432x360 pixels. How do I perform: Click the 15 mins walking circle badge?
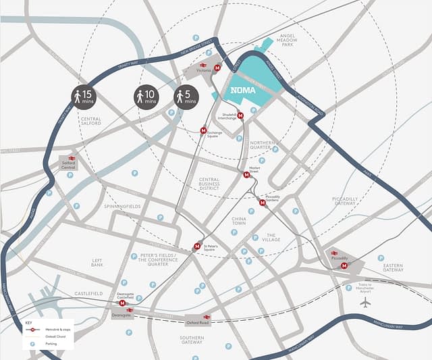click(x=85, y=97)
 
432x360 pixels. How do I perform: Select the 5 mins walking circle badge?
click(x=186, y=97)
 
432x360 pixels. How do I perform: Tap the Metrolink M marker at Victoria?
click(x=217, y=68)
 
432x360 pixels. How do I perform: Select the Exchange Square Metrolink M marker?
click(x=204, y=130)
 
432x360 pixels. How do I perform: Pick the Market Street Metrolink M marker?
click(x=246, y=175)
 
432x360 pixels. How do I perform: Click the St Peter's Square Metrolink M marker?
click(x=197, y=247)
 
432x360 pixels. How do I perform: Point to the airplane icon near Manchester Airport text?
click(x=365, y=303)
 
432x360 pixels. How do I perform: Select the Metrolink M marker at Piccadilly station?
click(x=344, y=266)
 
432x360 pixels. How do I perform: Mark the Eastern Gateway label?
click(x=393, y=267)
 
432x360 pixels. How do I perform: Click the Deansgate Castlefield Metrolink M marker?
click(x=122, y=304)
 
